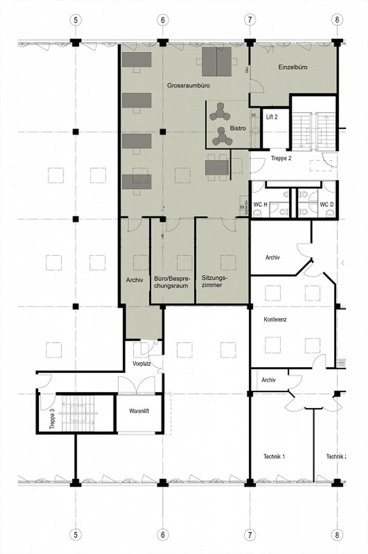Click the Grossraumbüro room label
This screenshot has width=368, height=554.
[188, 85]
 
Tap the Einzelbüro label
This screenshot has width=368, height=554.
[293, 67]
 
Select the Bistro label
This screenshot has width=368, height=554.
[238, 128]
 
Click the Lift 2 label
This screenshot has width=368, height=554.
[272, 117]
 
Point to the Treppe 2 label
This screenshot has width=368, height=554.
[281, 158]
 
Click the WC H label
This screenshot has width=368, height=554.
[260, 204]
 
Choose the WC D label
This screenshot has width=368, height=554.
[327, 204]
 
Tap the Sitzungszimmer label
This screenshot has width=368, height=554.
[214, 281]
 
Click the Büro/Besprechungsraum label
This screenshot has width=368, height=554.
[171, 282]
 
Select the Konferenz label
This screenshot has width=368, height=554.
[275, 319]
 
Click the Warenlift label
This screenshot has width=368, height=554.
[139, 411]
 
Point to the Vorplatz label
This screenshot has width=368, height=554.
[142, 364]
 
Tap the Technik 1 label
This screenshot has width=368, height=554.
[274, 456]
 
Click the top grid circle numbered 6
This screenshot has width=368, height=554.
[163, 20]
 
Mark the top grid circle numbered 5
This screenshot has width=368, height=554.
[75, 20]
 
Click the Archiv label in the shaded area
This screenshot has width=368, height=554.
[134, 280]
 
